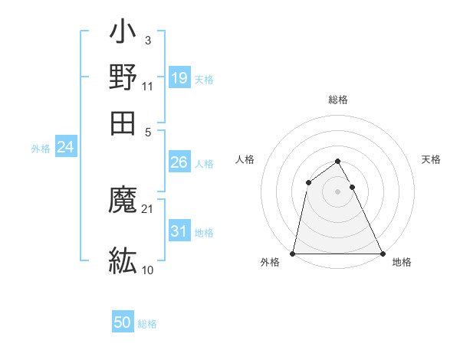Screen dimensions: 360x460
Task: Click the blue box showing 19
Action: (x=179, y=77)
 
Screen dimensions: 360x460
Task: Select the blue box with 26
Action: (x=179, y=162)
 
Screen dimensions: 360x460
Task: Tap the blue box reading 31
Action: (x=179, y=231)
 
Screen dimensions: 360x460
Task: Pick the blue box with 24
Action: (x=65, y=148)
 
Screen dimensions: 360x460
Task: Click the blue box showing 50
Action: (x=123, y=322)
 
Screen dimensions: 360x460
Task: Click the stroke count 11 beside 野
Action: (x=148, y=86)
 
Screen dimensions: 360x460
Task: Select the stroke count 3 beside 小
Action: (x=148, y=40)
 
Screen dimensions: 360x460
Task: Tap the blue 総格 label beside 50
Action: (x=147, y=324)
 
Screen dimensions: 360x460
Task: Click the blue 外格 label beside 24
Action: (x=41, y=149)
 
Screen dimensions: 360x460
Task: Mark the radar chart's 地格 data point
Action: (x=382, y=254)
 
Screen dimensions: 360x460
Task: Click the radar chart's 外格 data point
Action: (x=294, y=254)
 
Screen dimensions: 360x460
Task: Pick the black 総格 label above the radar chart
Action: (x=338, y=100)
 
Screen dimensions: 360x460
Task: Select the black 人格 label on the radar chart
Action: (x=245, y=159)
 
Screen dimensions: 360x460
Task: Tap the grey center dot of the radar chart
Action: (x=338, y=191)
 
